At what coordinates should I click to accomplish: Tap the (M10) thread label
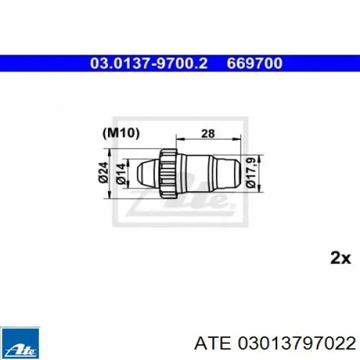[x=122, y=133]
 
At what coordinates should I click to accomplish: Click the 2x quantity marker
[x=340, y=258]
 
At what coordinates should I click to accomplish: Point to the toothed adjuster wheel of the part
[x=168, y=170]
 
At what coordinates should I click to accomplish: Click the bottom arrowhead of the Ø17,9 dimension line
[x=259, y=187]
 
